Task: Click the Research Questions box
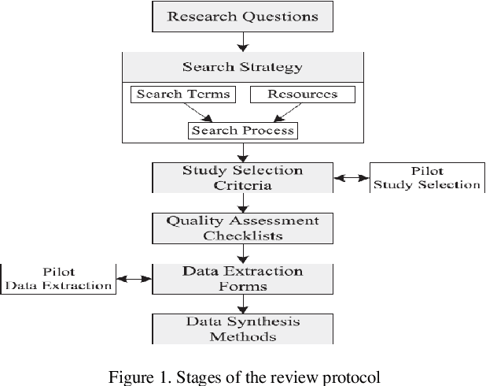243,16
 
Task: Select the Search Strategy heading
242,66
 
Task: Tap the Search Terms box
183,95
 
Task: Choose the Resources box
303,95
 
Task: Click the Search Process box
243,130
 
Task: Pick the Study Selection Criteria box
243,177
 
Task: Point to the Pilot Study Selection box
425,177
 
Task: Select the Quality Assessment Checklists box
243,228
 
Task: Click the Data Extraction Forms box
243,278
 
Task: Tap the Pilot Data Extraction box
58,278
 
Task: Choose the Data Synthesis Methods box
243,328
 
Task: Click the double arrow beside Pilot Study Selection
352,180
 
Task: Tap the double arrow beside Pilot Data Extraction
134,279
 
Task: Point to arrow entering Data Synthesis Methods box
243,305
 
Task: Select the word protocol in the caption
352,377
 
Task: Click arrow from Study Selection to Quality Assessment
243,202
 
